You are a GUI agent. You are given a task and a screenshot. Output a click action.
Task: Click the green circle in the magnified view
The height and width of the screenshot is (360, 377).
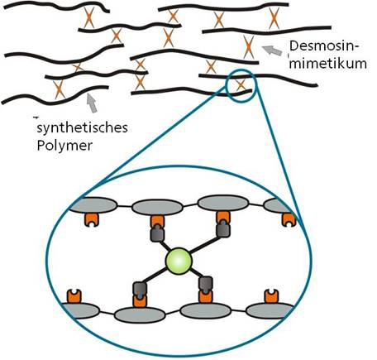pyautogui.click(x=179, y=261)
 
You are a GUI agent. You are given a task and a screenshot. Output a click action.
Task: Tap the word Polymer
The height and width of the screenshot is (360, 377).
pyautogui.click(x=64, y=146)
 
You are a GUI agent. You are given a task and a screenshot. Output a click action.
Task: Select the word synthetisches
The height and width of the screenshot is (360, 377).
pyautogui.click(x=82, y=128)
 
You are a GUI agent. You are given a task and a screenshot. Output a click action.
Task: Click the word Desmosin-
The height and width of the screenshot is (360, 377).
pyautogui.click(x=325, y=46)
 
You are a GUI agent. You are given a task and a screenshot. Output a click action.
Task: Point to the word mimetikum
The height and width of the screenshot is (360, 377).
pyautogui.click(x=328, y=64)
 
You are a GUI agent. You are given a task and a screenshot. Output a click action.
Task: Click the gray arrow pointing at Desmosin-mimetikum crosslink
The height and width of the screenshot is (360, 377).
pyautogui.click(x=272, y=50)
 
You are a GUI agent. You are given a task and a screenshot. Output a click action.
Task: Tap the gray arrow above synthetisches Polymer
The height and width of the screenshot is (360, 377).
pyautogui.click(x=92, y=103)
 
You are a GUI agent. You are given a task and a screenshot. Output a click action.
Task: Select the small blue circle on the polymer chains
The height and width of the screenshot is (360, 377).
pyautogui.click(x=241, y=86)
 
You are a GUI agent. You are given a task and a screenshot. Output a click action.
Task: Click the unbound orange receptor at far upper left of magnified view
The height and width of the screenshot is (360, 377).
pyautogui.click(x=92, y=219)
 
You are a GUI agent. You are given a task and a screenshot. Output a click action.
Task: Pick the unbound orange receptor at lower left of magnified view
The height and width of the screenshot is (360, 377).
pyautogui.click(x=74, y=296)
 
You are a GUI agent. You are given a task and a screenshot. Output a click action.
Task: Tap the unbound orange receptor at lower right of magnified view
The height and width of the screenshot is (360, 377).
pyautogui.click(x=271, y=296)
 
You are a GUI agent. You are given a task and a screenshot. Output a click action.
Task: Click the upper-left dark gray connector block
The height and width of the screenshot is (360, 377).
pyautogui.click(x=157, y=233)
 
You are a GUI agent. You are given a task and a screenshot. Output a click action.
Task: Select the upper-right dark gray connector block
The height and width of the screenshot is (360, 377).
pyautogui.click(x=223, y=228)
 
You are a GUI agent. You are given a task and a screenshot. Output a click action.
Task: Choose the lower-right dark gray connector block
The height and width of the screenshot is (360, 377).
pyautogui.click(x=206, y=285)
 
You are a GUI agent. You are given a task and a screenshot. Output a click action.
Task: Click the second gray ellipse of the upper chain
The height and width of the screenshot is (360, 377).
pyautogui.click(x=157, y=208)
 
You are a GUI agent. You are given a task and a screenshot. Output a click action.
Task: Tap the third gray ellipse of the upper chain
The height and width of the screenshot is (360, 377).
pyautogui.click(x=223, y=203)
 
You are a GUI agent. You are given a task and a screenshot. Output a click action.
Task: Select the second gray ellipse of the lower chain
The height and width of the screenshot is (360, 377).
pyautogui.click(x=140, y=315)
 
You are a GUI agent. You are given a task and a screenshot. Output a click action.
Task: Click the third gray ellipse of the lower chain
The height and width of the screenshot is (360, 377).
pyautogui.click(x=205, y=310)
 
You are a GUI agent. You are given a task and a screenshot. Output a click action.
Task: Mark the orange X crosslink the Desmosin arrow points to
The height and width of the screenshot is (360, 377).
pyautogui.click(x=249, y=47)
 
